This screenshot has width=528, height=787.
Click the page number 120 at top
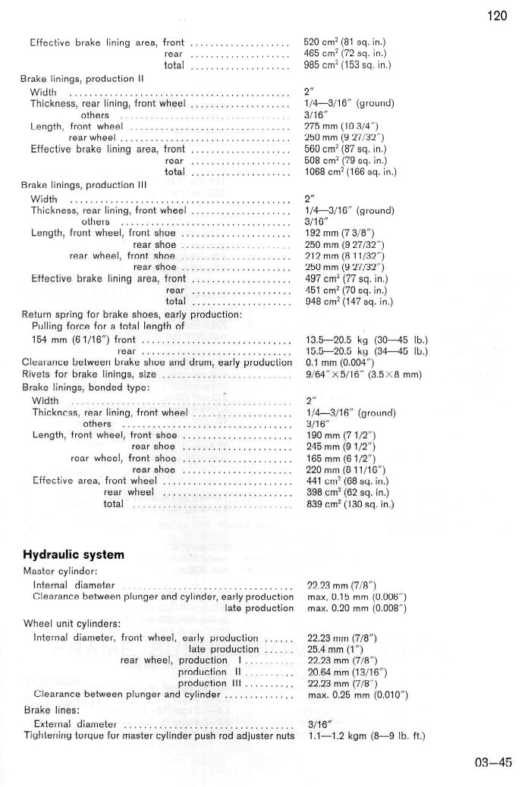click(497, 17)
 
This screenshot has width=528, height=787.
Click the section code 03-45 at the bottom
click(494, 763)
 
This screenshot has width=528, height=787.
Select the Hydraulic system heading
click(73, 554)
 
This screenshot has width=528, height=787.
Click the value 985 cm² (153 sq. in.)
click(347, 66)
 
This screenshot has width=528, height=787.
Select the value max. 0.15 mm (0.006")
click(356, 596)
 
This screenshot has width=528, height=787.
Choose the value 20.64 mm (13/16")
click(344, 672)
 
